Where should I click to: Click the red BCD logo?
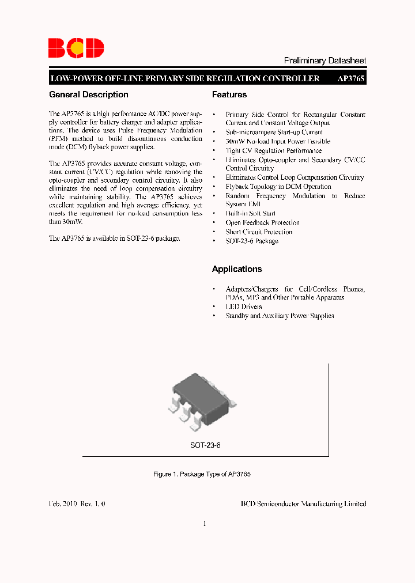(76, 48)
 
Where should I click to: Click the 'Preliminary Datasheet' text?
(325, 60)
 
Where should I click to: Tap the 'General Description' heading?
(89, 94)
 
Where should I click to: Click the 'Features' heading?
(229, 94)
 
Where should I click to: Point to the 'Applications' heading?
(237, 269)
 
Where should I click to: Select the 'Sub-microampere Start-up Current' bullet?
(274, 132)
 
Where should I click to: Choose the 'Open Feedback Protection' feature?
(262, 222)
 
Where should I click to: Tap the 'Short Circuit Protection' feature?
(259, 232)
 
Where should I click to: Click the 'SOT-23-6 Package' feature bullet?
(252, 241)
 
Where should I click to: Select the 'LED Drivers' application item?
(244, 306)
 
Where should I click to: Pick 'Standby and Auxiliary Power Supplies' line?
(280, 316)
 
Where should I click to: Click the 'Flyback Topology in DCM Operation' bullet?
(278, 187)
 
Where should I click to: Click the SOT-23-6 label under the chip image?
(206, 445)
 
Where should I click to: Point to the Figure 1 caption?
(202, 474)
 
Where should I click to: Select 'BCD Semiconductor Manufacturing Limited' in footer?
(303, 503)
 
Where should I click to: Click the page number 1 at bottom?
(205, 524)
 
